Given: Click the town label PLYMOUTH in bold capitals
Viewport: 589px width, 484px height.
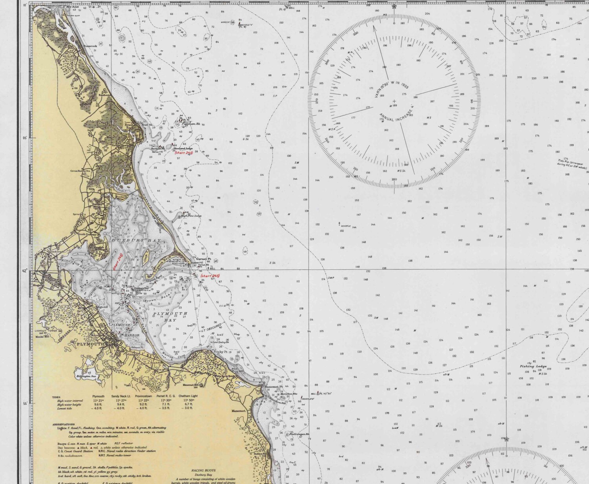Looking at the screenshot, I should [x=90, y=344].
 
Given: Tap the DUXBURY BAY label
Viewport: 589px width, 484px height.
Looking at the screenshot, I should [x=136, y=240].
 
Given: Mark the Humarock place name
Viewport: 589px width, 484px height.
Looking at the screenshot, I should [x=90, y=46].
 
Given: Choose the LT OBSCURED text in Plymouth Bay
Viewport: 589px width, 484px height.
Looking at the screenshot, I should [x=212, y=327].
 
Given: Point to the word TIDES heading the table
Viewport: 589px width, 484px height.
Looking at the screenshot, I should [x=56, y=397].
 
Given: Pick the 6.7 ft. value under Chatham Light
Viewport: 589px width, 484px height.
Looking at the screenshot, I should [x=188, y=404].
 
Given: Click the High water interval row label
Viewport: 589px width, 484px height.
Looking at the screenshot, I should [x=70, y=400].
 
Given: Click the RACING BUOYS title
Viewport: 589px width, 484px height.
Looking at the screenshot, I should [x=203, y=470].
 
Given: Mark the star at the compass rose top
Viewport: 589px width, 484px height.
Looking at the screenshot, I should [x=394, y=6].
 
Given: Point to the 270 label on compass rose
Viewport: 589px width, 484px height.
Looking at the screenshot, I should [x=316, y=101].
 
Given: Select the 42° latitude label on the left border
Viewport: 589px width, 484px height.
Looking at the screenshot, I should [x=25, y=271].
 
